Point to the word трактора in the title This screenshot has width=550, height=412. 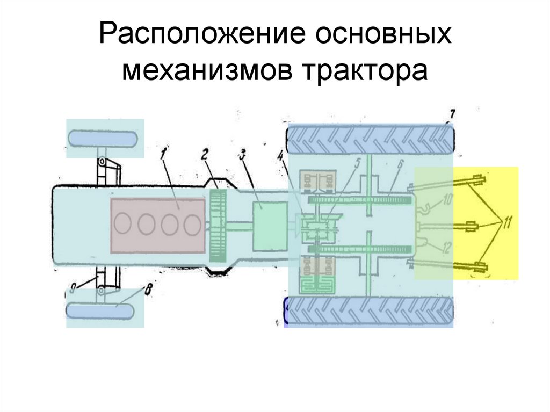[x=368, y=71]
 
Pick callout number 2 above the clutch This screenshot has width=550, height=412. [x=205, y=154]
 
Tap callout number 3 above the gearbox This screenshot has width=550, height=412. [x=243, y=155]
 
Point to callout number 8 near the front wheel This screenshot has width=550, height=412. [x=147, y=291]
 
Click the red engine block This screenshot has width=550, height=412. [x=158, y=225]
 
